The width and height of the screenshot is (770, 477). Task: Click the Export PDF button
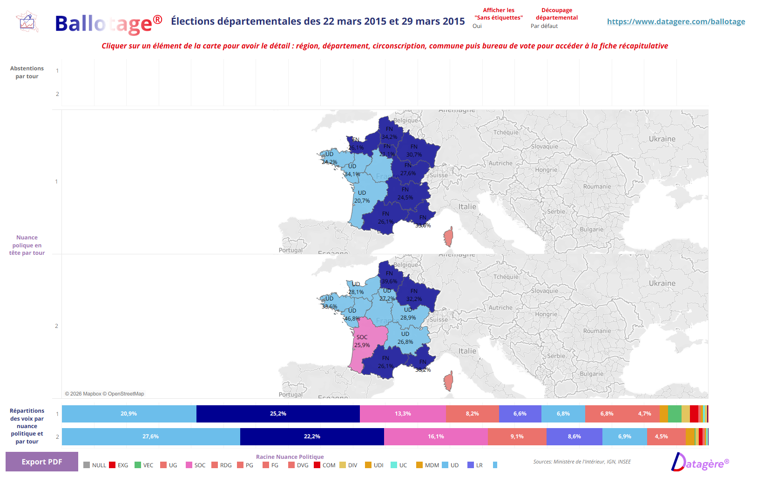41,462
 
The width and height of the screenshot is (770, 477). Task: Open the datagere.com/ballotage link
675,21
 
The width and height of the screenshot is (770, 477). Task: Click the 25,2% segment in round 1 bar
278,414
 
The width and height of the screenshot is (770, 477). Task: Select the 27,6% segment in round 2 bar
150,436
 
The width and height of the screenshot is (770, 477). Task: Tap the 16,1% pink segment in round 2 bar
436,436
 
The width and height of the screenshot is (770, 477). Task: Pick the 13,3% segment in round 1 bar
403,414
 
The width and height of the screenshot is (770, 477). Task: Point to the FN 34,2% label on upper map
389,133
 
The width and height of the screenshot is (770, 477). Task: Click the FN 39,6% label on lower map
389,278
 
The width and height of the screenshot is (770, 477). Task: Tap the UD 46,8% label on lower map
352,314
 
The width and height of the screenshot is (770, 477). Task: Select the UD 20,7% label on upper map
362,197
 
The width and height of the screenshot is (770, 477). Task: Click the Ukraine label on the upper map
662,139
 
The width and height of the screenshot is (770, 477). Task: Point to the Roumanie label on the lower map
597,331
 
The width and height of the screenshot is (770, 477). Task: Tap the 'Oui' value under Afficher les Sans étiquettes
477,26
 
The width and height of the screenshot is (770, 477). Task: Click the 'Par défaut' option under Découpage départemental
544,26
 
